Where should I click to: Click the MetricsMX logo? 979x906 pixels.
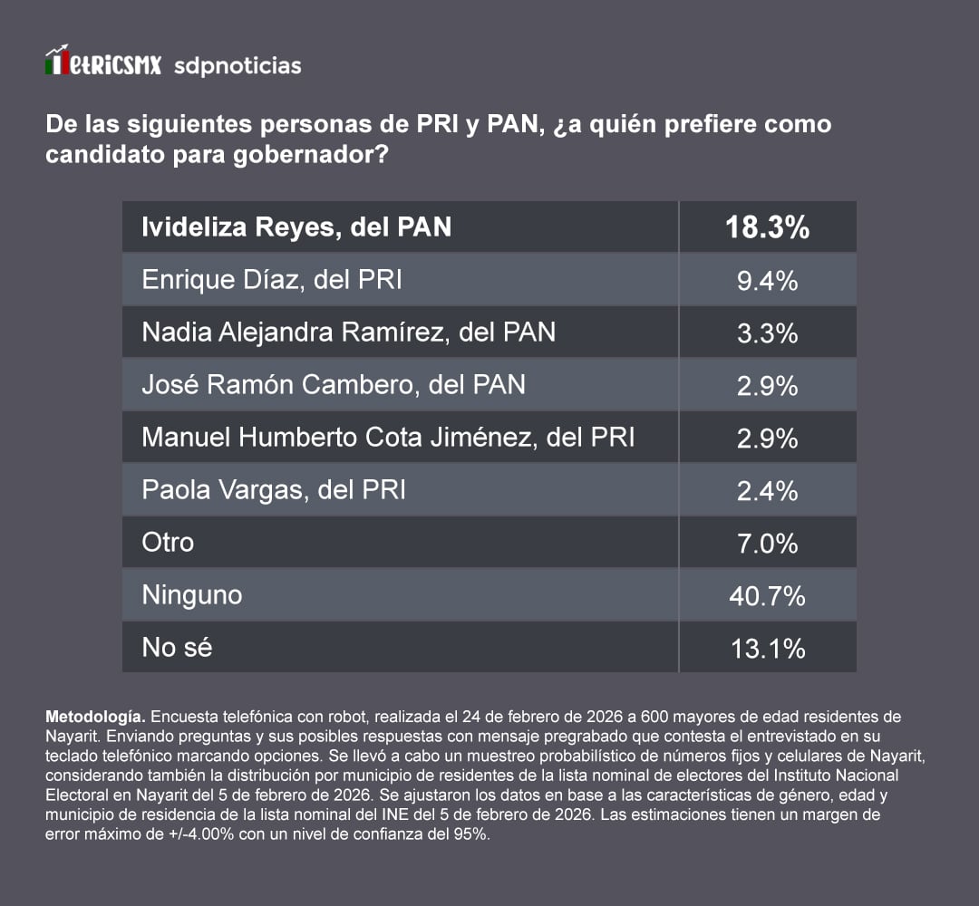tap(102, 63)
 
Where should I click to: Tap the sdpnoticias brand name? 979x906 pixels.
tap(237, 66)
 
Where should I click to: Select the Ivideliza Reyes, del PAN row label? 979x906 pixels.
tap(296, 227)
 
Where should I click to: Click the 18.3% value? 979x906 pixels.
tap(767, 227)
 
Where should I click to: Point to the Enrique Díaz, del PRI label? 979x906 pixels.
tap(272, 280)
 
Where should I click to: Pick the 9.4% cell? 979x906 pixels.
tap(767, 281)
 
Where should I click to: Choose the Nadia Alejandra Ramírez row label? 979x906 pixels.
tap(349, 333)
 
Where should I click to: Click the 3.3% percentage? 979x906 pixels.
tap(767, 333)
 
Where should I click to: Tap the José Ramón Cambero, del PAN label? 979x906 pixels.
tap(334, 385)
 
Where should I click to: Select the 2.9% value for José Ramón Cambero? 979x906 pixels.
tap(767, 386)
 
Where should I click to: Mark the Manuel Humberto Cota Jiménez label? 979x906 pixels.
tap(388, 438)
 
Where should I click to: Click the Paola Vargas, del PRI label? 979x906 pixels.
tap(274, 490)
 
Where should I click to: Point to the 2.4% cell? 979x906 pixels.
tap(767, 491)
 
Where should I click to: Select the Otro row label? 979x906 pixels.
tap(168, 543)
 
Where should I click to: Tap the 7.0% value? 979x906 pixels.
tap(767, 544)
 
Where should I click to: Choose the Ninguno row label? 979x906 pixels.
tap(192, 595)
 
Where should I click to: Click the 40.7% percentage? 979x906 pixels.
tap(767, 596)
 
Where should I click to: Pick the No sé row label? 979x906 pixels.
tap(177, 648)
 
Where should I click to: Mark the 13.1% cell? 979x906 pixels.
tap(767, 649)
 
